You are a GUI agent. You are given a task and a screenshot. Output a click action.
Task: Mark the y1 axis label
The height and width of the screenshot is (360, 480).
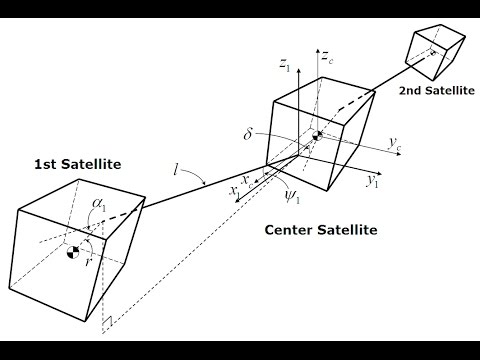point(371,180)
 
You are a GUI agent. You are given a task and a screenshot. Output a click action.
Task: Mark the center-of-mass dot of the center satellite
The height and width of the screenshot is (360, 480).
point(317,136)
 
